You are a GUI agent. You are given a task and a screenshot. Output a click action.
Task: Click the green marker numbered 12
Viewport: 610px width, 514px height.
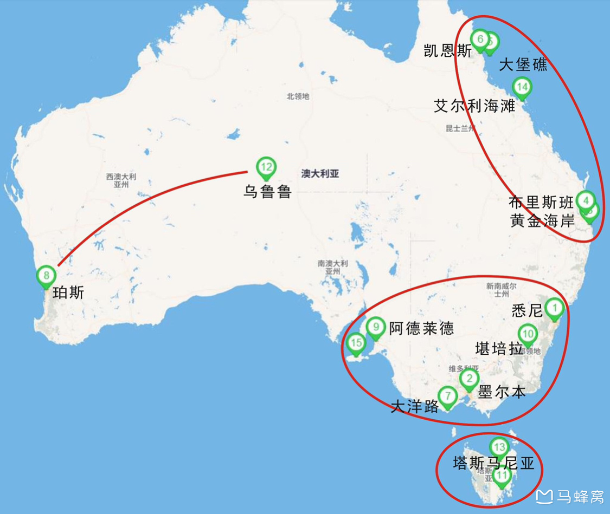[266, 167]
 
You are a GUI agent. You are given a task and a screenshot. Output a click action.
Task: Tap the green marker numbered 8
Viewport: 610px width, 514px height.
[46, 275]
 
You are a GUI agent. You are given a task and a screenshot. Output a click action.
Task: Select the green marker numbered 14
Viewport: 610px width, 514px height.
[522, 87]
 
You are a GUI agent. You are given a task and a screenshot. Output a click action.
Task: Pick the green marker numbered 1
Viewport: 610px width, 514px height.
[554, 308]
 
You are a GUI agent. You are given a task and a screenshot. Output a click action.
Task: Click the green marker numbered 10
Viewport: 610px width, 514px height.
[528, 334]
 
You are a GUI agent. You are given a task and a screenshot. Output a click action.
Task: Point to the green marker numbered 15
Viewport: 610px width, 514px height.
[356, 343]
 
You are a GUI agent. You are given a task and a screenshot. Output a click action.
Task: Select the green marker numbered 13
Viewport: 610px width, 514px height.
[499, 447]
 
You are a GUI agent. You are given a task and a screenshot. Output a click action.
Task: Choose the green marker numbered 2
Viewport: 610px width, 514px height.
[470, 379]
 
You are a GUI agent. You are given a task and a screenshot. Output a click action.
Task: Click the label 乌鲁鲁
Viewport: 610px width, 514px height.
[267, 192]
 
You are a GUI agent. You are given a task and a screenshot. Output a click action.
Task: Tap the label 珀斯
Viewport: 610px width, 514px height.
[68, 293]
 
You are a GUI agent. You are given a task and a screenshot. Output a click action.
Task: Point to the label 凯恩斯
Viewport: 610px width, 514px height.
[448, 51]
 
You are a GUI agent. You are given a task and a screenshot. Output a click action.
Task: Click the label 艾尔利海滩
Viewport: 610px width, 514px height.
[474, 106]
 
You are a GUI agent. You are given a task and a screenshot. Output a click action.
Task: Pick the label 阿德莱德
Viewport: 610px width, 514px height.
[421, 328]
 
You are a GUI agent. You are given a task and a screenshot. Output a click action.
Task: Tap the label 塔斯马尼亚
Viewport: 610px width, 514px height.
[493, 464]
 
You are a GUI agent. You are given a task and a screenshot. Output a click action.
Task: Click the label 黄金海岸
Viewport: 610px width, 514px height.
[542, 220]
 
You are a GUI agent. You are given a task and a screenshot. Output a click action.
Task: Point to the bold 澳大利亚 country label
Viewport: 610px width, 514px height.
[320, 174]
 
